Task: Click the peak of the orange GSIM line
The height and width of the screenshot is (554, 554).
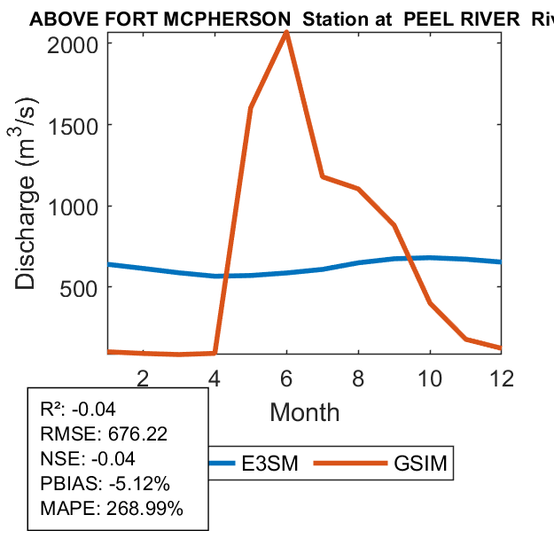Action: click(x=286, y=33)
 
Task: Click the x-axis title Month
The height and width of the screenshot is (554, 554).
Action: click(x=304, y=412)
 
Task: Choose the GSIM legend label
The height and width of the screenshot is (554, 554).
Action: click(x=417, y=464)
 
